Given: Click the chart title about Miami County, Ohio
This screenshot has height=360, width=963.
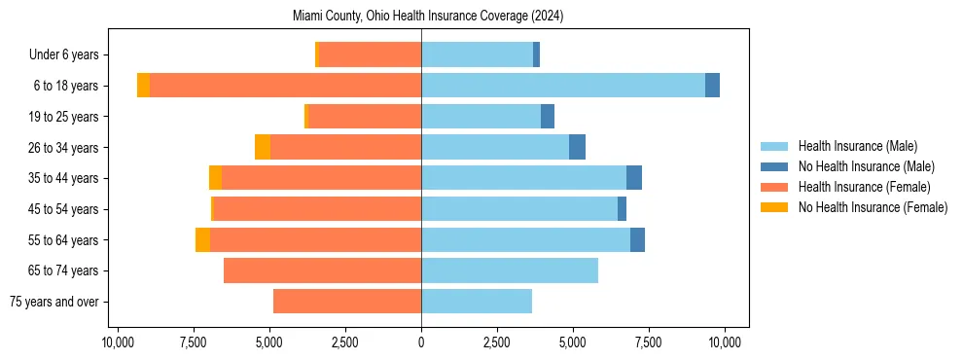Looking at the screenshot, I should [x=428, y=17].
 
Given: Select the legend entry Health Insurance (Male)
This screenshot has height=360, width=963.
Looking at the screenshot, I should [x=857, y=146].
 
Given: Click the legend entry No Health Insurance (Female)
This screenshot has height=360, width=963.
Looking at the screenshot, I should [x=873, y=207].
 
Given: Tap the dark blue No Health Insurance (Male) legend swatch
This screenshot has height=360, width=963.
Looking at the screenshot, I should [x=774, y=166].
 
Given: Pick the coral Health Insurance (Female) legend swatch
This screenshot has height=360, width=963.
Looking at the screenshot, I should [x=774, y=187].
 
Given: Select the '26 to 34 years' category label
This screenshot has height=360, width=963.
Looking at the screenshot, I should [x=64, y=147].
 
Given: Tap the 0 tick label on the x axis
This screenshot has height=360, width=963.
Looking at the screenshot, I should [x=421, y=342].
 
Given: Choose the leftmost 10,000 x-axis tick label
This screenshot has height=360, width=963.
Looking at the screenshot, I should [x=118, y=342].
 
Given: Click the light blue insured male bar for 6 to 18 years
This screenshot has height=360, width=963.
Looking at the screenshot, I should [x=563, y=86].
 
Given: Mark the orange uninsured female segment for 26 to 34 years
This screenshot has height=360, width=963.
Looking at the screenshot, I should [x=263, y=147].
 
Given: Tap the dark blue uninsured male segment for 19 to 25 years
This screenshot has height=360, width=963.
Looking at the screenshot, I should [x=548, y=117].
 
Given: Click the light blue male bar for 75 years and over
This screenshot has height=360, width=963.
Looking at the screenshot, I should [x=477, y=302].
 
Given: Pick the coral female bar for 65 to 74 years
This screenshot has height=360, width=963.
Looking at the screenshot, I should [x=322, y=270].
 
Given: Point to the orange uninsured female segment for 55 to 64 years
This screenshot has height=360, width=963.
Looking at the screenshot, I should [x=202, y=239].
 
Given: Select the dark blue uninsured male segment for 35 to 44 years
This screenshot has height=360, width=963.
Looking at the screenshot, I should [x=634, y=178].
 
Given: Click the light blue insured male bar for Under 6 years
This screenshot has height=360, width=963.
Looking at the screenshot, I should [x=477, y=54].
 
